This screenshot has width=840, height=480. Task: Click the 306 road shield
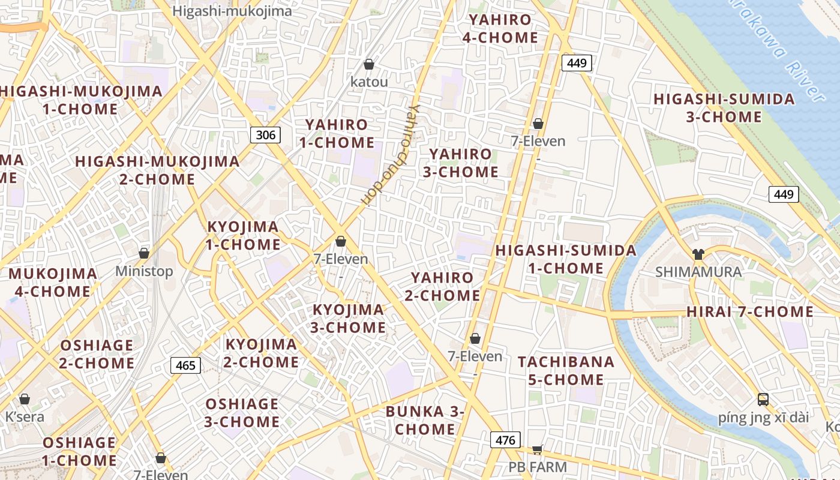(x=265, y=135)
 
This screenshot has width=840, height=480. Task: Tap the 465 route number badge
(x=185, y=365)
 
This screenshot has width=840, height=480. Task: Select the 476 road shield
(x=505, y=440)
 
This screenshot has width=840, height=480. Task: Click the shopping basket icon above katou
(x=369, y=64)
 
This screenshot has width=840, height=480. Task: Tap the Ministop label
(x=144, y=271)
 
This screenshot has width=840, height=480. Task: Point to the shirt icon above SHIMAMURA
(x=698, y=254)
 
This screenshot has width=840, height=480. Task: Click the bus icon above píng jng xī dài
(x=763, y=400)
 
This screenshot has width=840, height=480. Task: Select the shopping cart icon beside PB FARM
(x=538, y=449)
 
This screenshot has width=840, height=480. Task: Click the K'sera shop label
(x=25, y=416)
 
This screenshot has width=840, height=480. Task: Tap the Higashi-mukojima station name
(x=232, y=11)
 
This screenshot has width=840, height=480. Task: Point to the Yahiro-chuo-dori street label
(x=391, y=156)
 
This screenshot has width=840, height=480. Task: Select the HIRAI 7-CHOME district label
(x=750, y=312)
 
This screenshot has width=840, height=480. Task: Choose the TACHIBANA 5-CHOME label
(x=566, y=371)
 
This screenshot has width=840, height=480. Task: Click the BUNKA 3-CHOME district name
(x=425, y=421)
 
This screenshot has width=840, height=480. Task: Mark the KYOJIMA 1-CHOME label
(x=244, y=236)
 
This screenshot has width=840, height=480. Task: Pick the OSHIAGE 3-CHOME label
(x=242, y=413)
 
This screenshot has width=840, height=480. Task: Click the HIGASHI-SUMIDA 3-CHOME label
(x=724, y=108)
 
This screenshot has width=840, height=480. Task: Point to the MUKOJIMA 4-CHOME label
(x=53, y=283)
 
